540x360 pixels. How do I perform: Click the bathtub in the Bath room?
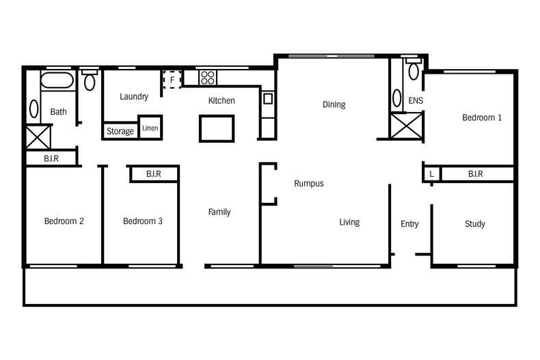click(x=57, y=81)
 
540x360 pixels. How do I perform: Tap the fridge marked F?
click(x=172, y=79)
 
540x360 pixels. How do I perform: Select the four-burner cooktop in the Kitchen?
click(x=208, y=77)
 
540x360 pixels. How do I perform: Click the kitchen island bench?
click(x=217, y=128)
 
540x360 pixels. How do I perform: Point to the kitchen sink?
click(x=268, y=99)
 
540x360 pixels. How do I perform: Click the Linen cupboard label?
click(x=150, y=128)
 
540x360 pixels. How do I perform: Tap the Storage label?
click(x=120, y=131)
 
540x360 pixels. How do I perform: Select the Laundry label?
click(x=134, y=97)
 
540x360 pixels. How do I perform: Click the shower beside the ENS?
click(x=407, y=126)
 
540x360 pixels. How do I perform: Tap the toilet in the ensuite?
click(x=414, y=69)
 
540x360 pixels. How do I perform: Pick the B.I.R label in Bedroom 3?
click(x=154, y=174)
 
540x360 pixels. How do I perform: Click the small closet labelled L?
click(x=431, y=174)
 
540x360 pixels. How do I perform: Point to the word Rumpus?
click(x=309, y=184)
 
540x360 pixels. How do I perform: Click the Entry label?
click(x=409, y=224)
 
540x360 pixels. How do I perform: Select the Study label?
click(x=475, y=224)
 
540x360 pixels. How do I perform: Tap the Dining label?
click(x=334, y=105)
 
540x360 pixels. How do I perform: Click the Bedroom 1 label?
click(x=482, y=117)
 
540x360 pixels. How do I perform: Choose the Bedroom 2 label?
click(x=64, y=221)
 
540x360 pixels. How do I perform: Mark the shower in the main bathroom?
click(x=38, y=137)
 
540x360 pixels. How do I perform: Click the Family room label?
click(x=219, y=212)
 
